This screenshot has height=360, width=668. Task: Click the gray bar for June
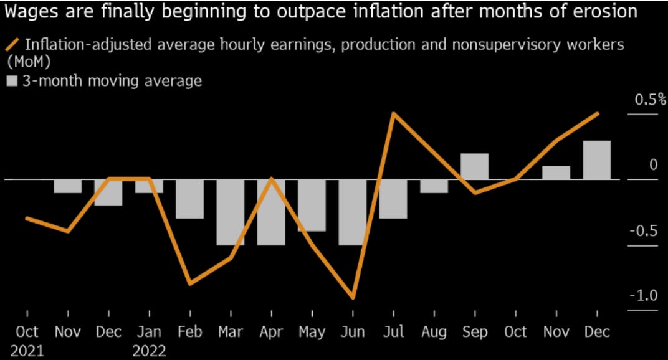[x=352, y=212]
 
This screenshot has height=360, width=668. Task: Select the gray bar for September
[x=474, y=166]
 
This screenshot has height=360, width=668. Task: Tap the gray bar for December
[x=596, y=160]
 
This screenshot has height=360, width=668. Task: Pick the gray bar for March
[x=231, y=212]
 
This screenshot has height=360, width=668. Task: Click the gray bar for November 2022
[x=556, y=173]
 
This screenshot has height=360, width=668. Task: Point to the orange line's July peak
[x=393, y=114]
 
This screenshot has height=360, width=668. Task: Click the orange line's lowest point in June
[x=353, y=298]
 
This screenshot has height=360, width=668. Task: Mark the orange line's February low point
[x=189, y=284]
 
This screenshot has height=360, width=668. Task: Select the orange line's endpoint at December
[x=598, y=114]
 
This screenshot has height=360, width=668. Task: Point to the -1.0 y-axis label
[x=642, y=295]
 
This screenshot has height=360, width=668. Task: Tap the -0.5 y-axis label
[x=642, y=230]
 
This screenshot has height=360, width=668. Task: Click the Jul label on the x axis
[x=393, y=331]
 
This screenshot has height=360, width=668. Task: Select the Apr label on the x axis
[x=271, y=331]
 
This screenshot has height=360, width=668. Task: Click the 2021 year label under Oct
[x=27, y=351]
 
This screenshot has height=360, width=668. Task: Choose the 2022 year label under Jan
[x=149, y=351]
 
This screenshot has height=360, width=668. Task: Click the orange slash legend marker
[x=11, y=45]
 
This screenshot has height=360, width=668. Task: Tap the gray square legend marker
[x=11, y=81]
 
